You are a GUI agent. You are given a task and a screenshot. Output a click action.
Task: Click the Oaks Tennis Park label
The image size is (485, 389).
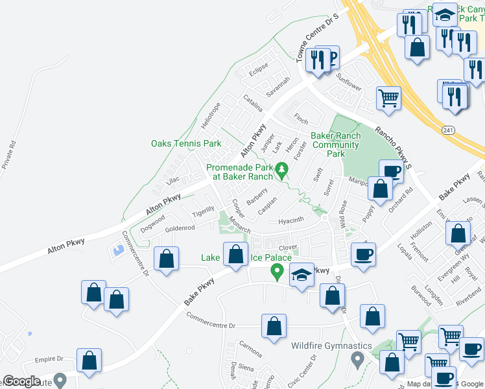[x=186, y=143]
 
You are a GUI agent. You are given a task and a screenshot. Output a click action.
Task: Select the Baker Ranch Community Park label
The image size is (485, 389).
[x=335, y=145]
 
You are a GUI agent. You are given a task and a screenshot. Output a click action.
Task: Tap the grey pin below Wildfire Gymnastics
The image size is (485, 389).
[x=356, y=359]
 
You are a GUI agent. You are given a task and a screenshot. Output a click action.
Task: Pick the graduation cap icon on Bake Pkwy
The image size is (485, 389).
[x=301, y=276]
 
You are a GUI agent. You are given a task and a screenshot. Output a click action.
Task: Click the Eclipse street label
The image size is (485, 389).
[x=259, y=69]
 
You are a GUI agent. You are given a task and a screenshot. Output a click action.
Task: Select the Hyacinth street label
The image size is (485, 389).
[x=290, y=220]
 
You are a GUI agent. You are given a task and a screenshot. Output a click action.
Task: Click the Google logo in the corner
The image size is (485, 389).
[x=22, y=381]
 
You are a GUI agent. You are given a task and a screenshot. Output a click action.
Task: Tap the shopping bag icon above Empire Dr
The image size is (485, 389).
[x=89, y=361]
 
